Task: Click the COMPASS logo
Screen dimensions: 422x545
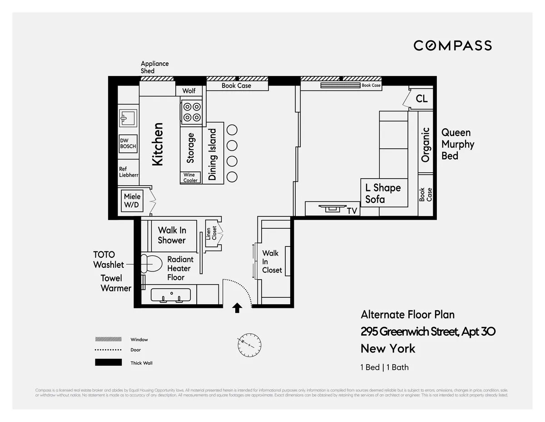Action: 452,45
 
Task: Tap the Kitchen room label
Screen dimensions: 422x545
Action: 158,144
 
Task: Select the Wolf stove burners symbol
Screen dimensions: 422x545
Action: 191,112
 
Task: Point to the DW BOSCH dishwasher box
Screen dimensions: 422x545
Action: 128,144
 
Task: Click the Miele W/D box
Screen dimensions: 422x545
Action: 132,201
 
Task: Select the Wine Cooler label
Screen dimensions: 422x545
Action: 190,178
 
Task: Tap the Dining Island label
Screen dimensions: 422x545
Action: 213,155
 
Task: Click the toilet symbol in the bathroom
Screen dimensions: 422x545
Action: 151,264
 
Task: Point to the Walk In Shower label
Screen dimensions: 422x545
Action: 172,235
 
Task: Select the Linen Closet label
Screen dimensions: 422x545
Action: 211,233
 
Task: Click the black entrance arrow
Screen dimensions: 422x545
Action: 237,308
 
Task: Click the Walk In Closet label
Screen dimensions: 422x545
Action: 272,261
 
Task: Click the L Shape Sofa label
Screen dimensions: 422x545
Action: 383,193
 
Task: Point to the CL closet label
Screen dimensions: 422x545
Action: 421,99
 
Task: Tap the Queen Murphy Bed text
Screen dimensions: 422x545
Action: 457,144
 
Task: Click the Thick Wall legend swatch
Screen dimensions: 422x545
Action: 108,362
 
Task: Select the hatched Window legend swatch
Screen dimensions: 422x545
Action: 108,339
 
